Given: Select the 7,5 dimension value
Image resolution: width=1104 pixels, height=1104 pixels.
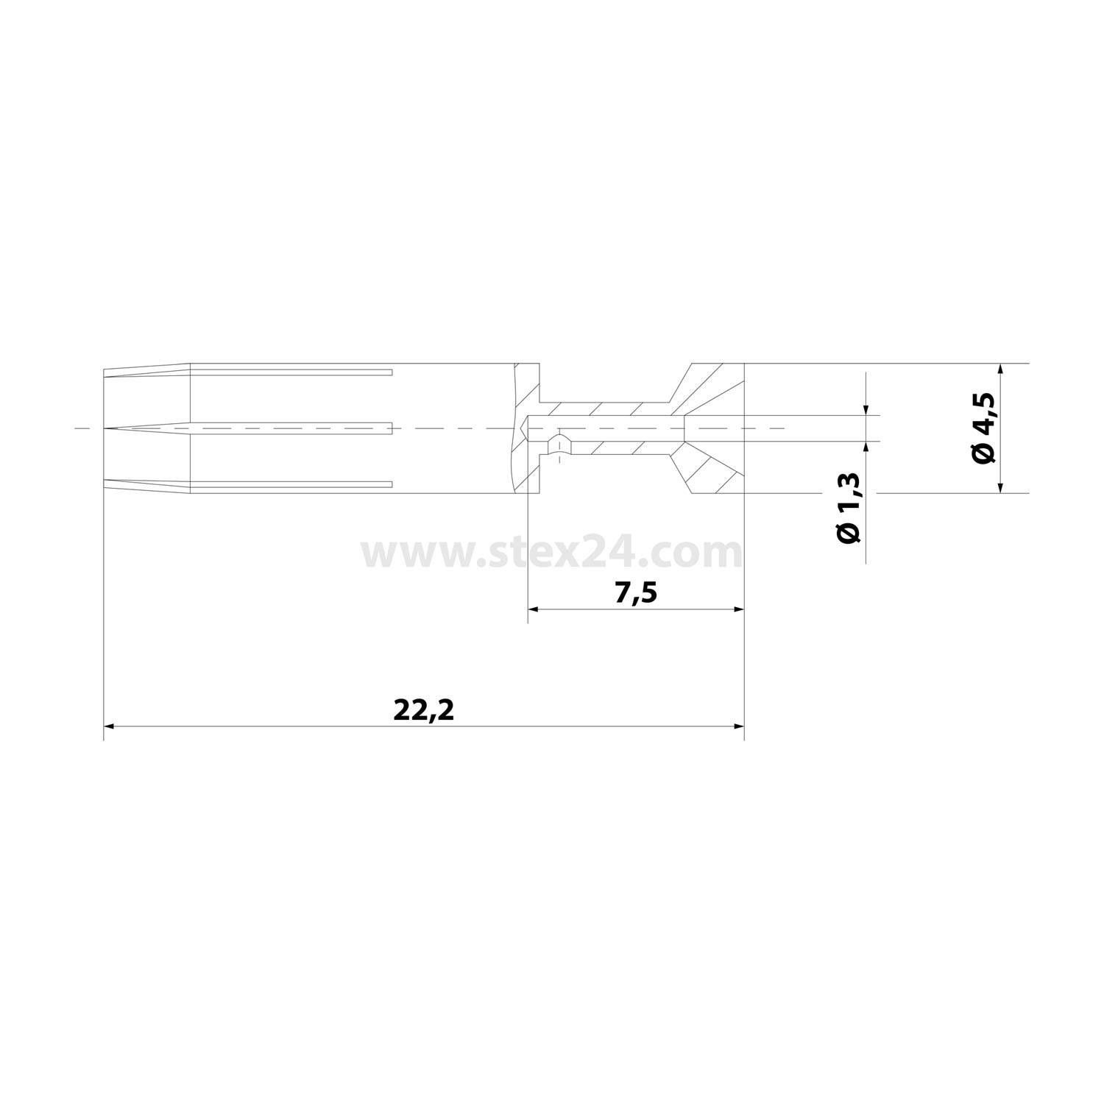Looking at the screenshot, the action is (x=635, y=593).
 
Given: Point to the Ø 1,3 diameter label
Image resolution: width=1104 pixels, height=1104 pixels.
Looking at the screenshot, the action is (x=849, y=509).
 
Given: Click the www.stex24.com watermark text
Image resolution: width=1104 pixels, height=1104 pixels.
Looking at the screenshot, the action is (x=551, y=552).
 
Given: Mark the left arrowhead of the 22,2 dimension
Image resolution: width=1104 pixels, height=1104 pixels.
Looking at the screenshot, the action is (x=108, y=726).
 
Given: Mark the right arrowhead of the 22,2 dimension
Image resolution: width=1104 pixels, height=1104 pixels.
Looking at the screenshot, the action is (x=740, y=726).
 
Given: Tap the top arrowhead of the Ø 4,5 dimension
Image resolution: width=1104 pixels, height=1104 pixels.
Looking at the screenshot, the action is (x=1000, y=369).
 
